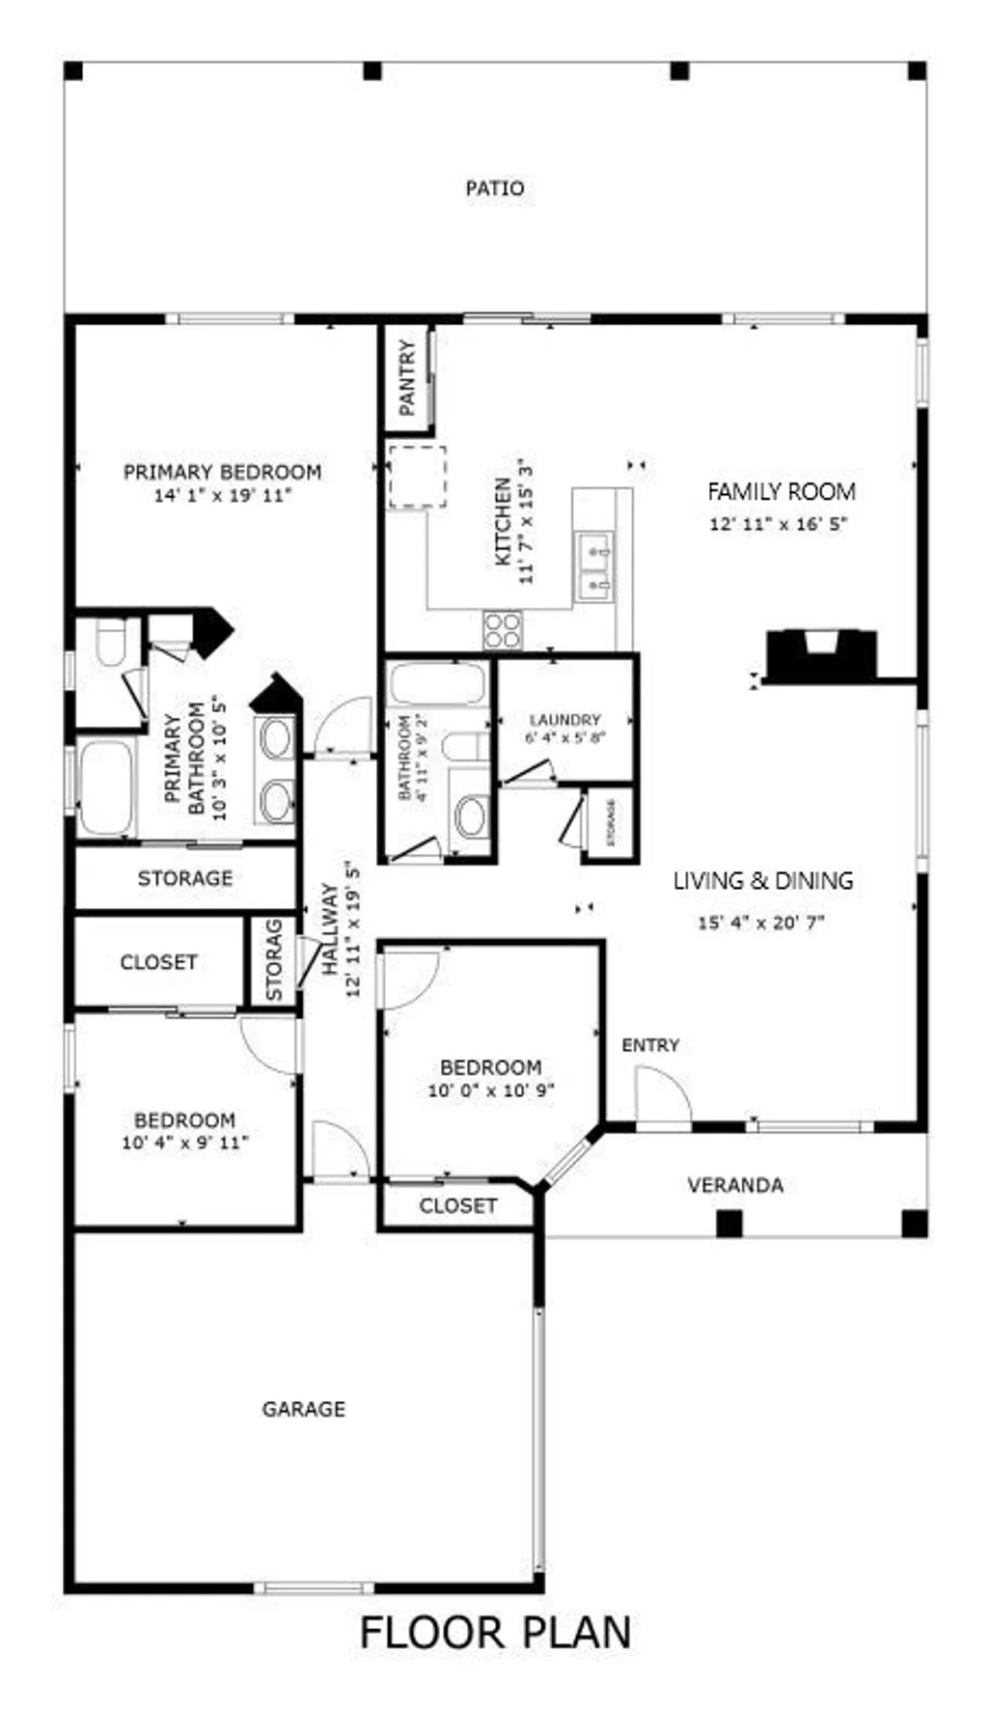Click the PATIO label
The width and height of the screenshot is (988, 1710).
(x=495, y=188)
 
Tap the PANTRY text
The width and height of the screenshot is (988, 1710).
(x=407, y=377)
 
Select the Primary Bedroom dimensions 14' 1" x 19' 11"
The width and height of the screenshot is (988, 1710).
(x=223, y=496)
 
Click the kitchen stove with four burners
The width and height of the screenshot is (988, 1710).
(x=502, y=630)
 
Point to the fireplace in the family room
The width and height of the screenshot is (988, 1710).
(x=822, y=653)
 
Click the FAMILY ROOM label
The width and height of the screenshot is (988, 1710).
(x=782, y=491)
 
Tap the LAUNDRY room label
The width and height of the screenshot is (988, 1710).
(x=565, y=720)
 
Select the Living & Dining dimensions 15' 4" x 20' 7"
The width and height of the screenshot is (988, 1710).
(x=761, y=923)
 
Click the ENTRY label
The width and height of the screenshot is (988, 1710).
(x=650, y=1045)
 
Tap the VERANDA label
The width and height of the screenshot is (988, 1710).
(x=735, y=1185)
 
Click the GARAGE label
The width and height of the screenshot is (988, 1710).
(x=303, y=1409)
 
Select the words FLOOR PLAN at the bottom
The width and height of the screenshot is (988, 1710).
(x=496, y=1633)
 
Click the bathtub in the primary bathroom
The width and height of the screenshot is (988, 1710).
(x=106, y=788)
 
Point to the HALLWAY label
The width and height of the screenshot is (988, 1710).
(x=330, y=929)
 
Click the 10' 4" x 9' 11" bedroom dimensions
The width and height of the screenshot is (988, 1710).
(x=185, y=1144)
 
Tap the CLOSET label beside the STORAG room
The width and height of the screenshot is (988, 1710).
(x=158, y=962)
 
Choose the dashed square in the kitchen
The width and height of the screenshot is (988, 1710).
(x=417, y=477)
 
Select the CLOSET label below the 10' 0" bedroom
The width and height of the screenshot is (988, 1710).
(x=458, y=1206)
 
